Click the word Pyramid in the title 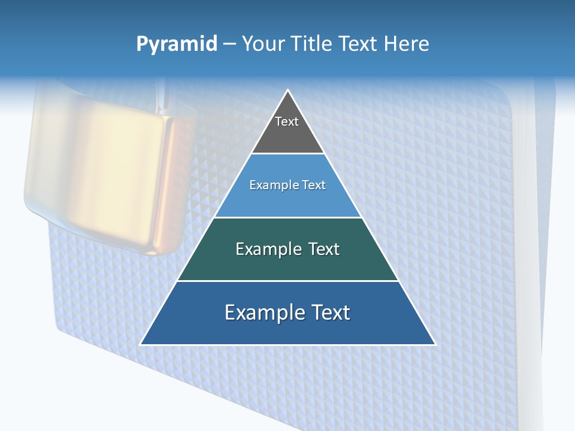(176, 44)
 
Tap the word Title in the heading (315, 44)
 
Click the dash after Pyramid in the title (229, 45)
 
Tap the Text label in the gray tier (287, 122)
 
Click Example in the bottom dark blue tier (262, 312)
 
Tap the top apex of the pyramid (288, 91)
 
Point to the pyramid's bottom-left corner (141, 344)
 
